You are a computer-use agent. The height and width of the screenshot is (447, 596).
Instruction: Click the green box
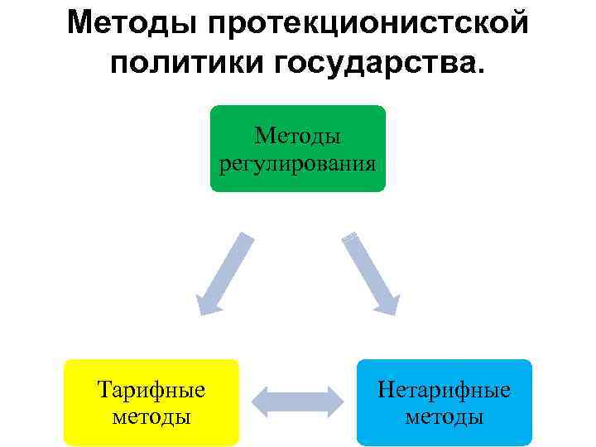pos(297,148)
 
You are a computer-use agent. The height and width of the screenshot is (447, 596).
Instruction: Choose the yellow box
pos(151,401)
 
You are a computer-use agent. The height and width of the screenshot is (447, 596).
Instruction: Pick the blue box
pos(444,401)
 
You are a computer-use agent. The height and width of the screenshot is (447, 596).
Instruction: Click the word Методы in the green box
pos(298,134)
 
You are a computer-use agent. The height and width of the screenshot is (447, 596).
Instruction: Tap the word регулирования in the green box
pos(298,162)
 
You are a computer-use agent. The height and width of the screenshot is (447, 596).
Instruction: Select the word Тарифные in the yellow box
pos(151,389)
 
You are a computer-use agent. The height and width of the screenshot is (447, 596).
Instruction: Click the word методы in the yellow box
pos(151,416)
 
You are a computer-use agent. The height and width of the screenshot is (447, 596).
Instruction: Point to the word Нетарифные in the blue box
pos(444,389)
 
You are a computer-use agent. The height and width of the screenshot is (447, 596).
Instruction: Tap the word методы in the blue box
pos(444,416)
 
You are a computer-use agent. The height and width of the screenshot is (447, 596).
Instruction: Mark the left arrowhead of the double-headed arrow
pos(262,401)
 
